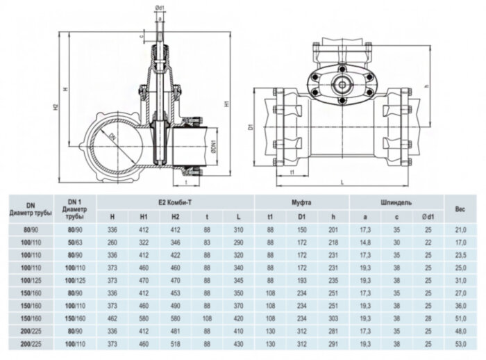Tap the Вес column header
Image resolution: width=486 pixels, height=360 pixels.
point(459,208)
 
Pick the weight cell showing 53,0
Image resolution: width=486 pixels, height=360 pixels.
point(459,343)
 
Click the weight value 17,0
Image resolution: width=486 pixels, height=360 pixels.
point(459,242)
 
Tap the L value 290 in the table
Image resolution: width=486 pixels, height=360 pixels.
point(238,242)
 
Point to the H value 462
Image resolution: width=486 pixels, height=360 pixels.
point(112,318)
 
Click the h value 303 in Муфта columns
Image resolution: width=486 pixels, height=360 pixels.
point(333,318)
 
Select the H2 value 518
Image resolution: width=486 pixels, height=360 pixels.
point(175,343)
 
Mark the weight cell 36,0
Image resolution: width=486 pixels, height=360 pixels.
point(459,305)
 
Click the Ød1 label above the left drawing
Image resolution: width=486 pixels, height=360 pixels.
point(159,8)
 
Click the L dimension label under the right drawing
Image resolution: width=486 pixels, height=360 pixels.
point(345,181)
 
